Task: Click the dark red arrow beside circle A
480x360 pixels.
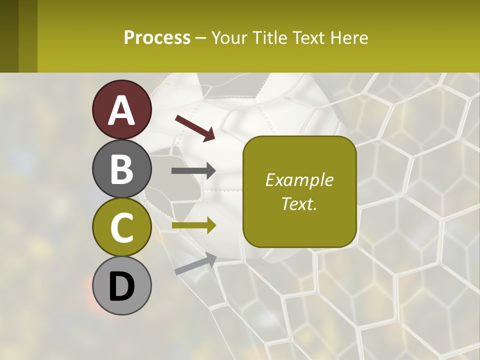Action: tap(194, 128)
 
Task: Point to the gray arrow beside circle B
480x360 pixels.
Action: tap(193, 171)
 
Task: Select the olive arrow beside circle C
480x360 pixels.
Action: tap(193, 226)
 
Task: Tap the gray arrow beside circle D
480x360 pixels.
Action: tap(195, 263)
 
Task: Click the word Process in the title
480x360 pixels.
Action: tap(157, 37)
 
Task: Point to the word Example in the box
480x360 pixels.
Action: tap(299, 180)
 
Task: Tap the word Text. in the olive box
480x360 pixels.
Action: tap(299, 203)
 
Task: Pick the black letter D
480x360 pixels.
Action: tap(121, 286)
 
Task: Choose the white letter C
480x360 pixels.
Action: tap(121, 228)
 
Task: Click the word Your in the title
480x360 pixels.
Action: tap(229, 37)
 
